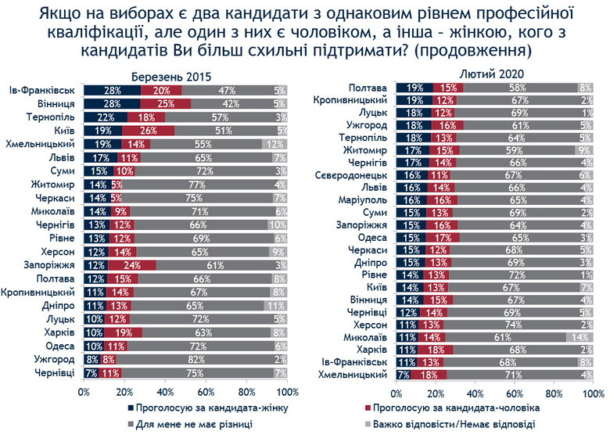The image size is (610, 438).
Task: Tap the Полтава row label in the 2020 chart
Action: (370, 87)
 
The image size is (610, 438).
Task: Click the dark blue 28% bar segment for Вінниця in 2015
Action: (112, 102)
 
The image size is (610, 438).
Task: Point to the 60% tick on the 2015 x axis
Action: (206, 391)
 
